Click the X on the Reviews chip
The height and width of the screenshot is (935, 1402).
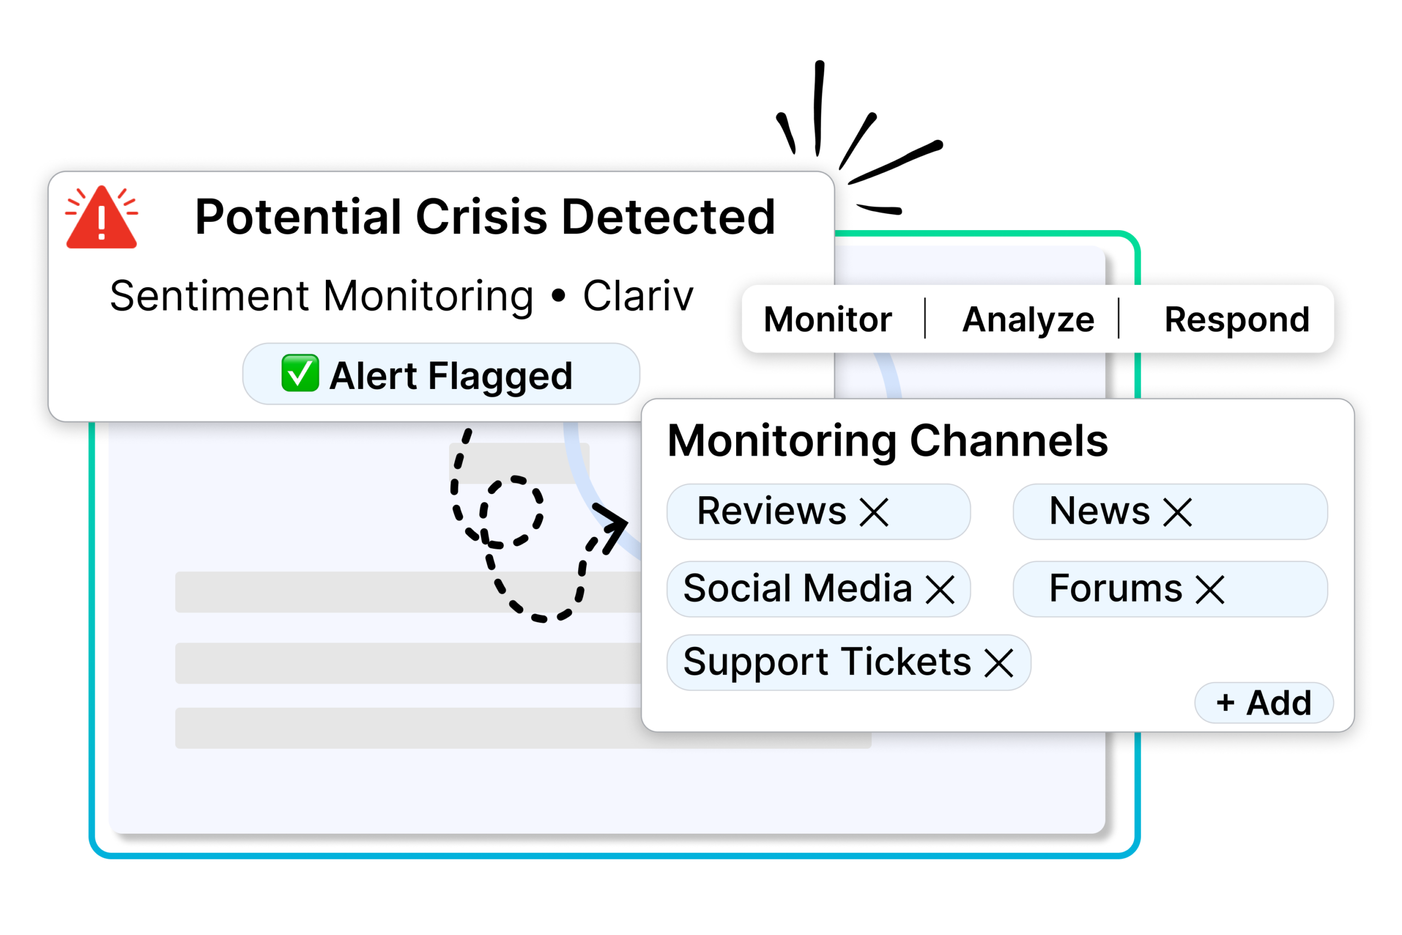[x=874, y=512]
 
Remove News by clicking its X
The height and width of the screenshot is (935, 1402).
[x=1177, y=512]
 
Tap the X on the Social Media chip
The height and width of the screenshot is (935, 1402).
[x=940, y=589]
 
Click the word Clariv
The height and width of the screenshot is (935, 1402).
[x=638, y=296]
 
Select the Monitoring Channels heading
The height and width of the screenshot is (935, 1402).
[x=887, y=441]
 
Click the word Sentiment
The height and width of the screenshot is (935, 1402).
[x=209, y=296]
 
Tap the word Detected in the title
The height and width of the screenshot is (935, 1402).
[x=668, y=216]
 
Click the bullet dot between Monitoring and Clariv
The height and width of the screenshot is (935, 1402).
[x=558, y=296]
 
